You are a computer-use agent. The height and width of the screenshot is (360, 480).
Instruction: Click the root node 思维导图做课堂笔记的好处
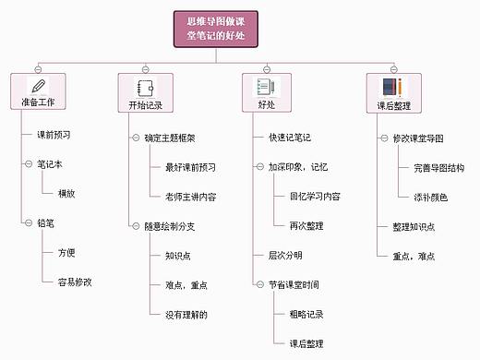click(x=214, y=29)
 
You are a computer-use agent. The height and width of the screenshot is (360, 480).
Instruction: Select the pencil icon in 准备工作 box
click(x=37, y=87)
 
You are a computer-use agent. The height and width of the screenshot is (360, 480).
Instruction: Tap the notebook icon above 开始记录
click(x=145, y=88)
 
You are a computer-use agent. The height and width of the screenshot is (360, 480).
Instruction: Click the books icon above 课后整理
click(x=392, y=88)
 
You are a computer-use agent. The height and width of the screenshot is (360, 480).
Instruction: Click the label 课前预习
click(x=54, y=134)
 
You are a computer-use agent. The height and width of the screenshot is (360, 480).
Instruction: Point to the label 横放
click(x=66, y=194)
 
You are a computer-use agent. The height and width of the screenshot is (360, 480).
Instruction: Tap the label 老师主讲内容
click(x=190, y=197)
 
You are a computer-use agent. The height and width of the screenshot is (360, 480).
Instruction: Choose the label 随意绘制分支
click(x=169, y=226)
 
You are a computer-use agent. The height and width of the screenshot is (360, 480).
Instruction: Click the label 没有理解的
click(x=186, y=315)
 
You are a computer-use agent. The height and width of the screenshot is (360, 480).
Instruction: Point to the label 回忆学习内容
click(x=315, y=197)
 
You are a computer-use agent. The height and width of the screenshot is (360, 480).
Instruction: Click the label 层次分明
click(x=284, y=255)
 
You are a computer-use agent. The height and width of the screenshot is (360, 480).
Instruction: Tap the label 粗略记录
click(x=306, y=314)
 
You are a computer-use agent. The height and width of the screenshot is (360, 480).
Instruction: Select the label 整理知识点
click(x=407, y=226)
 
